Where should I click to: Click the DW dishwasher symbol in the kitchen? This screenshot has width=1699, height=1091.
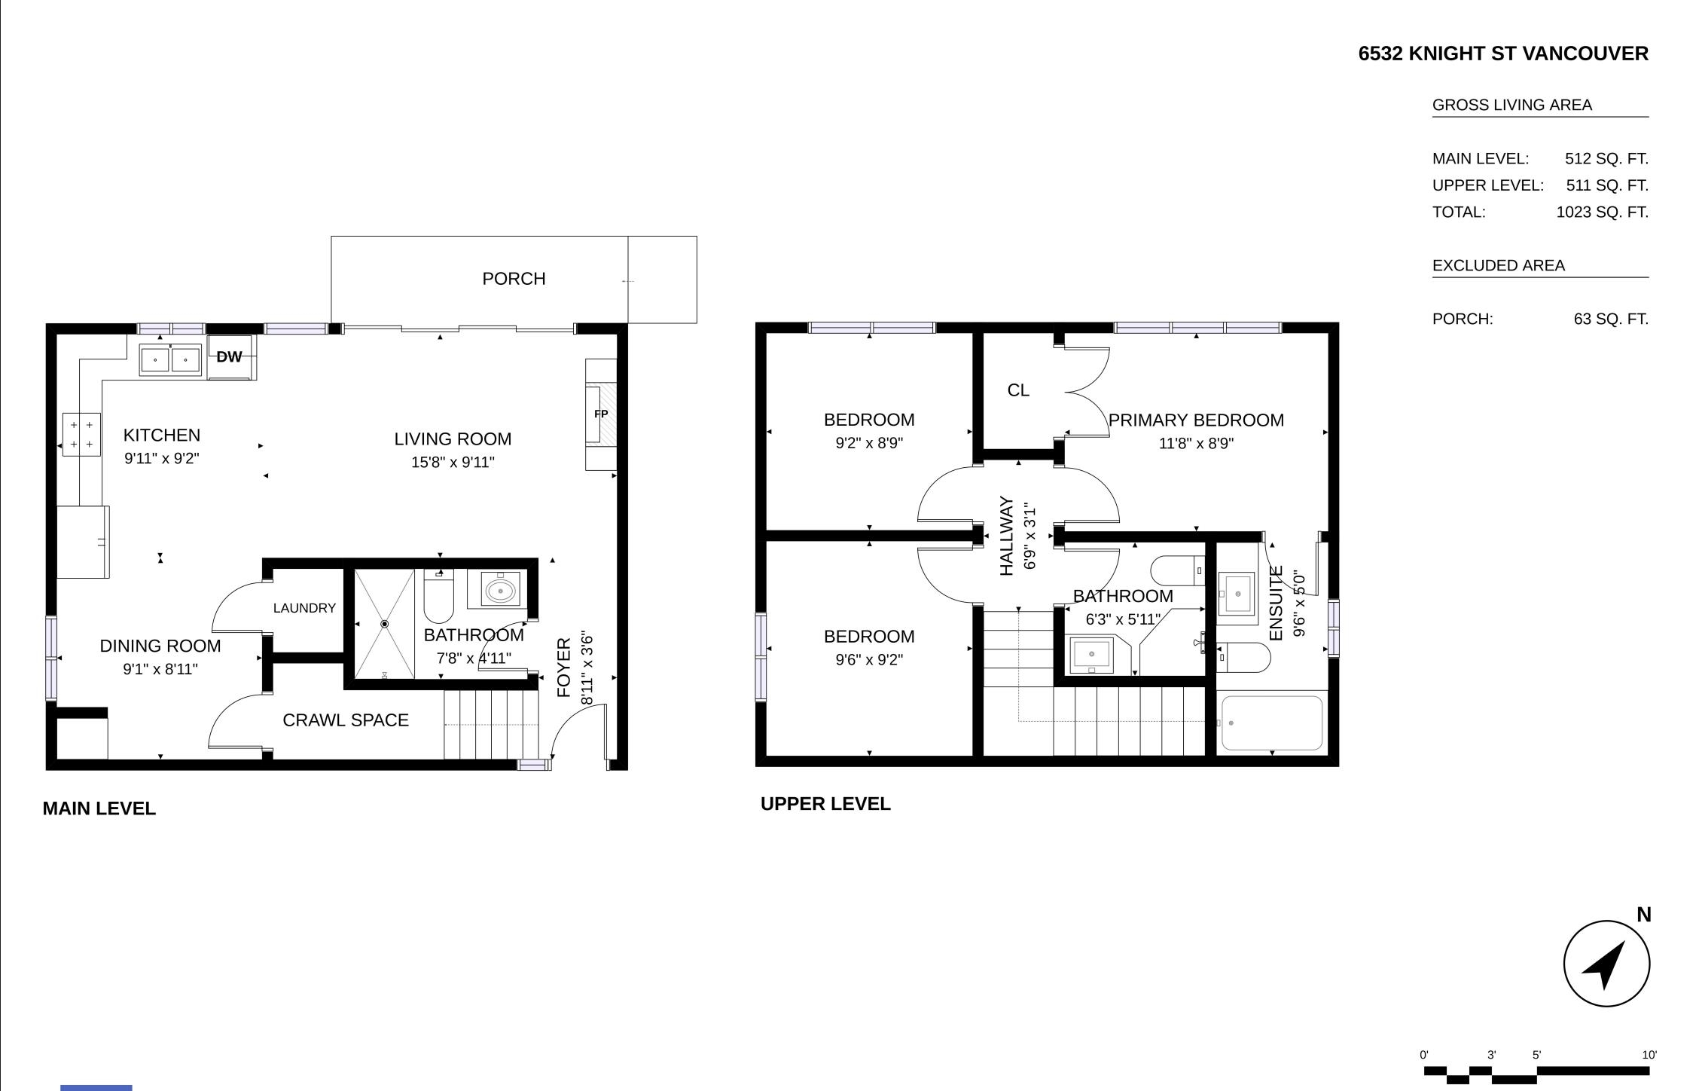229,357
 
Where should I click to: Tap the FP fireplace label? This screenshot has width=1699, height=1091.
601,414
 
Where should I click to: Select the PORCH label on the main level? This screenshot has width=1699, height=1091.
514,279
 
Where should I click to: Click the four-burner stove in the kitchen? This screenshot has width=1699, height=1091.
81,435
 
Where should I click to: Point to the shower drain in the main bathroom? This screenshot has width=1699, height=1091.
385,624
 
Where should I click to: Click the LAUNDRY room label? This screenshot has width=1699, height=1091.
304,608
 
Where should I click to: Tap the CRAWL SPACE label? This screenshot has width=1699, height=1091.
346,720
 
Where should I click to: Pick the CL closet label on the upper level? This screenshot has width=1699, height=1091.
1018,390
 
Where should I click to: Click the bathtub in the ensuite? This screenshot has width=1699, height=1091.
1272,723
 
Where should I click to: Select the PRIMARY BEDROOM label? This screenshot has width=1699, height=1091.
1196,420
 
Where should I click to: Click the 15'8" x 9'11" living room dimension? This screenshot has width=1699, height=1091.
453,462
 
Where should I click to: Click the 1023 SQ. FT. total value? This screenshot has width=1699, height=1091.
1602,212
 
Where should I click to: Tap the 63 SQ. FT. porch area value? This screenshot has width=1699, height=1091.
1611,319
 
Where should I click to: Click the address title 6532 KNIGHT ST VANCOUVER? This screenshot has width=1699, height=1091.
1503,54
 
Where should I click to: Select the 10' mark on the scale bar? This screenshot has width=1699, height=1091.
1649,1055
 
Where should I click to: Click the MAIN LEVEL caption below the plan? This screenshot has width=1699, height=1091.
99,808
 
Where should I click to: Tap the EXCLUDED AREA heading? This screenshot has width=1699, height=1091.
1499,266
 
